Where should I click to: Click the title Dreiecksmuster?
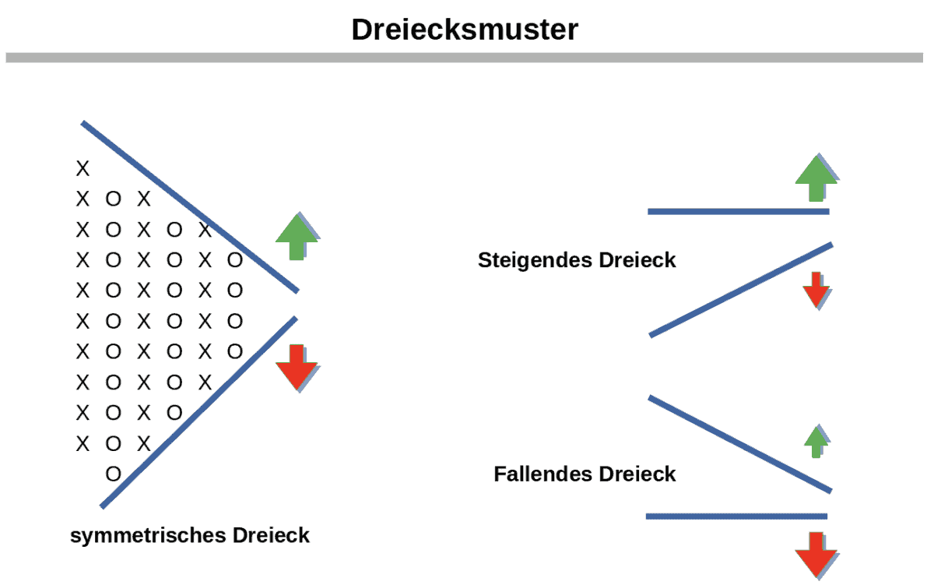click(465, 30)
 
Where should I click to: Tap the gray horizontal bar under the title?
click(464, 58)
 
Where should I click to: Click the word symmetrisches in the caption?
click(148, 536)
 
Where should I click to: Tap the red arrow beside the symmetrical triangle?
click(296, 366)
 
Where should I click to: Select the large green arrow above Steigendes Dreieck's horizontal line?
click(816, 178)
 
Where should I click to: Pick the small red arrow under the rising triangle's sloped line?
click(816, 288)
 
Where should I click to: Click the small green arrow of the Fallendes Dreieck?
click(816, 441)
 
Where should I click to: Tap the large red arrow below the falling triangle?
click(816, 554)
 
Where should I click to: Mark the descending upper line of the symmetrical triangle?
click(189, 206)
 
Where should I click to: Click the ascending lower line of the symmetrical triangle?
click(198, 412)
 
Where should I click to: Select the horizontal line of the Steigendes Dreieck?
click(738, 211)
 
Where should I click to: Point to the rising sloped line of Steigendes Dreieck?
click(741, 291)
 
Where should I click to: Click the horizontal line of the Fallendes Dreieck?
click(736, 516)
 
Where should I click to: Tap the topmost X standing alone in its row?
click(83, 168)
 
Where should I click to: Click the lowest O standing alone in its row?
click(113, 474)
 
